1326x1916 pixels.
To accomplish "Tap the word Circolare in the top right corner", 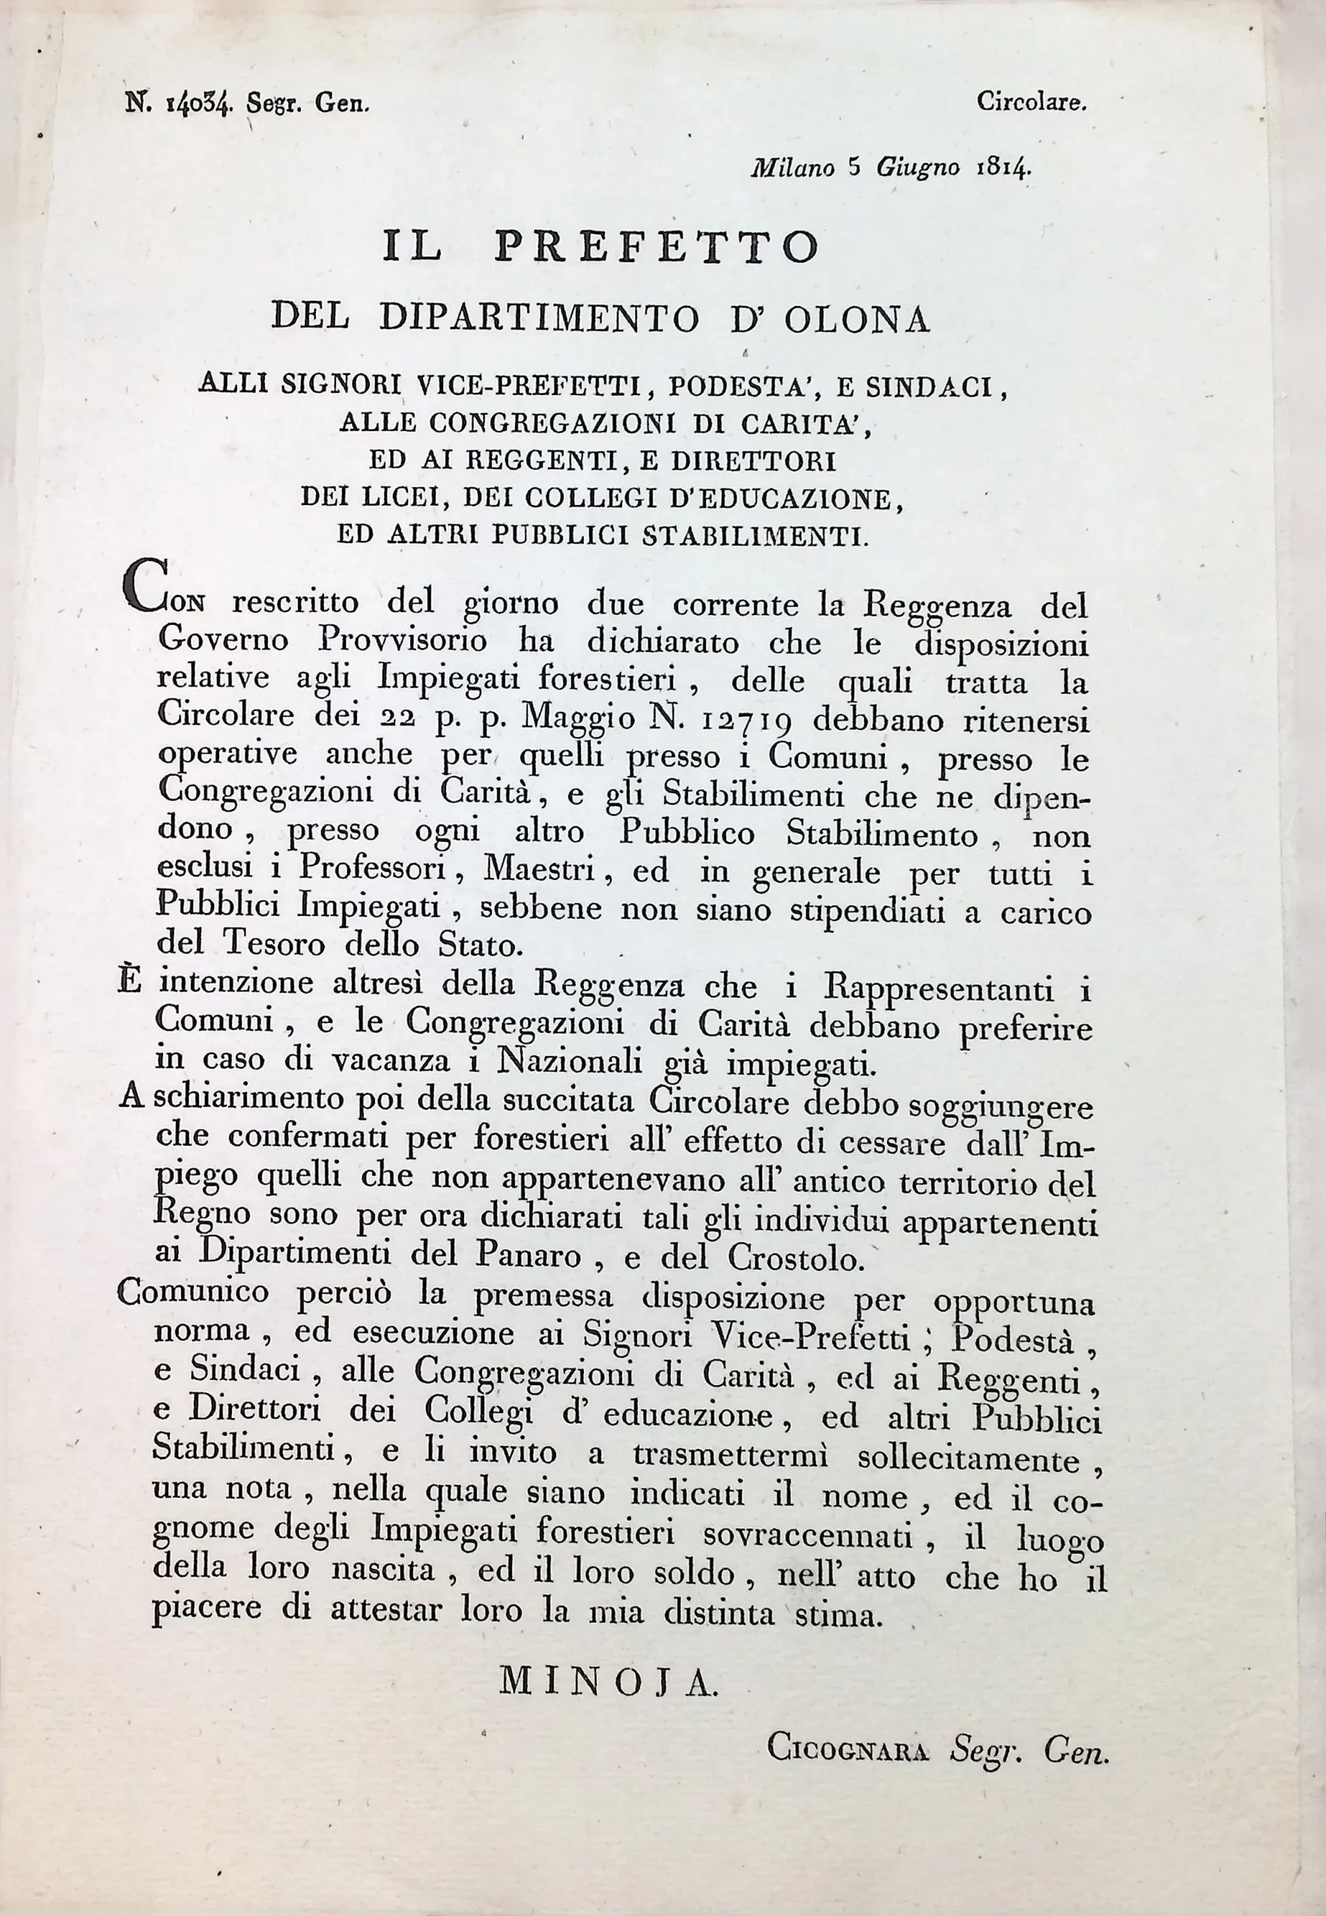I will click(x=1031, y=103).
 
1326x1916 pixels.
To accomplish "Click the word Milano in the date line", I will click(x=794, y=168).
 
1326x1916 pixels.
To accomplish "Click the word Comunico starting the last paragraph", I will click(x=192, y=1292).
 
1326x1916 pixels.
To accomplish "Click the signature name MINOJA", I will click(x=607, y=1682).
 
